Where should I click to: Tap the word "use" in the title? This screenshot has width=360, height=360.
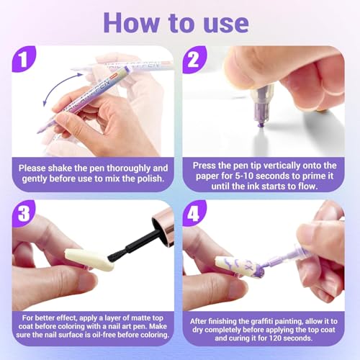coord(226,24)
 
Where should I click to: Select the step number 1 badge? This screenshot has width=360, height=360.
coord(24,59)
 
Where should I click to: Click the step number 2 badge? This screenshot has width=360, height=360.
coord(194,59)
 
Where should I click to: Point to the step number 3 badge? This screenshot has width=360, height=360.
coord(24,213)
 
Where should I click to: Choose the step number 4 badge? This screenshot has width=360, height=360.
coord(194,213)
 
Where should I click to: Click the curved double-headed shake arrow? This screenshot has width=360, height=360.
coord(60,88)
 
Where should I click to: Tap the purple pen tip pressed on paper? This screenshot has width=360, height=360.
coord(261,125)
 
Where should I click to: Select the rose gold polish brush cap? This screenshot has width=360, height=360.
coord(163,227)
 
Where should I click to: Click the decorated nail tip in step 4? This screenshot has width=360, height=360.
coord(239,267)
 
